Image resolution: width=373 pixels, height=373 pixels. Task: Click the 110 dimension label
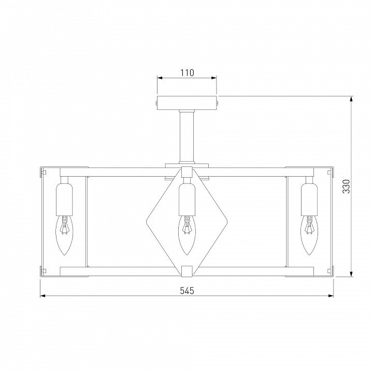[187, 73]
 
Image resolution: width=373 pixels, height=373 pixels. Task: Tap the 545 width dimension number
[187, 291]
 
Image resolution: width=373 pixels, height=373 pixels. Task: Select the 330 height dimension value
[347, 187]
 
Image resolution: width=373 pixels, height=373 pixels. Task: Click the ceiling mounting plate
[187, 103]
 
